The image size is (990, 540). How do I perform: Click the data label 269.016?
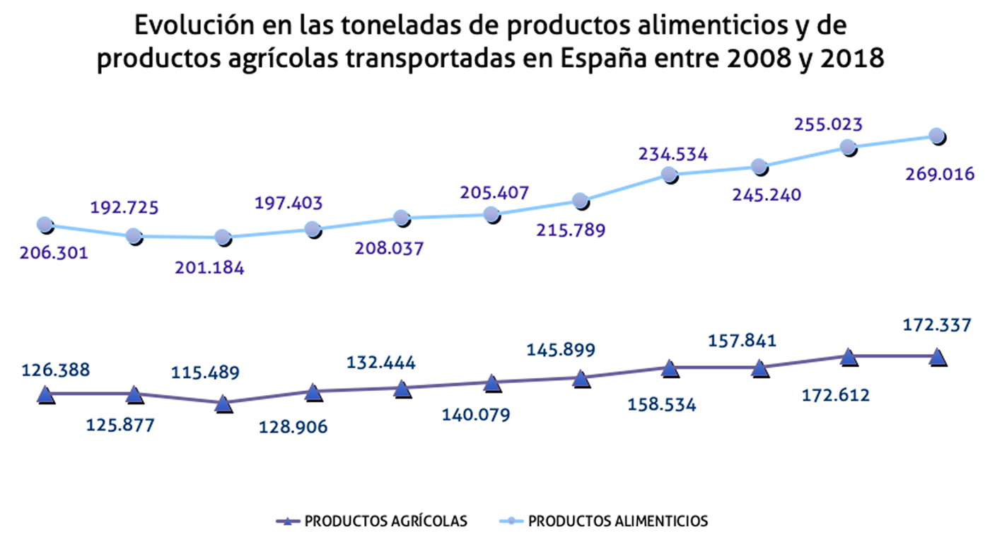[940, 174]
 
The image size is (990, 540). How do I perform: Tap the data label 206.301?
[54, 253]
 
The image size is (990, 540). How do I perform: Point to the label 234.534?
[672, 154]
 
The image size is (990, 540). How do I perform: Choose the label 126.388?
[56, 370]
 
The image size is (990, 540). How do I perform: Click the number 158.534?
[661, 405]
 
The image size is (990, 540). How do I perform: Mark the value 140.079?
[475, 415]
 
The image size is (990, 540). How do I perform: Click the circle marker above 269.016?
[937, 136]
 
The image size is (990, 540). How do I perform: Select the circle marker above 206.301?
[45, 225]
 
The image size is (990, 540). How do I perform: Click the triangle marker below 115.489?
[223, 404]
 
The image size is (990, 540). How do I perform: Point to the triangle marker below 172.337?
[938, 356]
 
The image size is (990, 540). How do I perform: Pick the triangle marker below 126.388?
[45, 394]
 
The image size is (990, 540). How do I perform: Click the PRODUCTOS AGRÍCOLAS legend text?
[385, 522]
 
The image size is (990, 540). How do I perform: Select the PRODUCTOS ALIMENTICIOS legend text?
[618, 522]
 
